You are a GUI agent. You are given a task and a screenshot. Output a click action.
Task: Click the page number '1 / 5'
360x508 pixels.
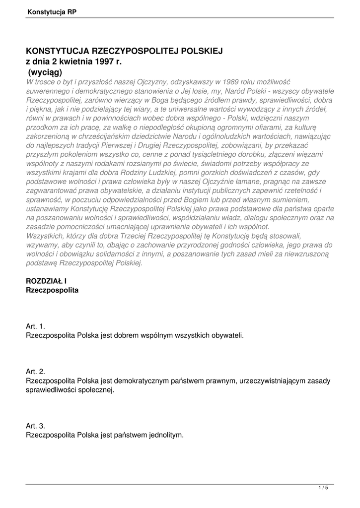coord(323,488)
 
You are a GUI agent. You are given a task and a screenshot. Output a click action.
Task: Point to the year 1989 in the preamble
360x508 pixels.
coord(233,81)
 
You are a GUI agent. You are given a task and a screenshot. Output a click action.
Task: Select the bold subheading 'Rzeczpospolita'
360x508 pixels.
coord(52,289)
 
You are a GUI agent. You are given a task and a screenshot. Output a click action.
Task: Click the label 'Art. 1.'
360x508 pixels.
coord(35,326)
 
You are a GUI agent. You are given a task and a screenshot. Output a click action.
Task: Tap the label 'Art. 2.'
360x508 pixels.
coord(35,371)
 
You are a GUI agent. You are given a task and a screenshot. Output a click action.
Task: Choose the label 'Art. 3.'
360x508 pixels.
coord(35,426)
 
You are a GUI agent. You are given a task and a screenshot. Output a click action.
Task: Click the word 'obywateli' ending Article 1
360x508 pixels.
coord(227,335)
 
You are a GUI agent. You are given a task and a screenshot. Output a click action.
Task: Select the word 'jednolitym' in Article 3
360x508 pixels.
coord(165,435)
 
